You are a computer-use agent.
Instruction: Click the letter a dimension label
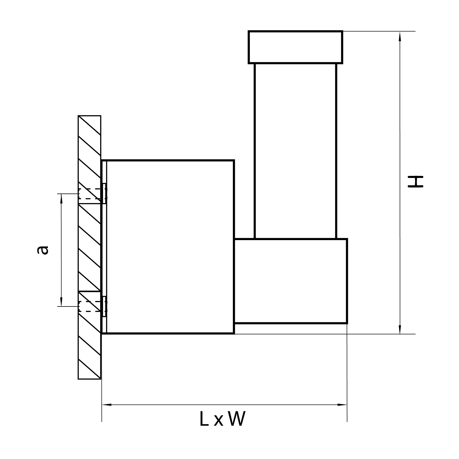tap(43, 250)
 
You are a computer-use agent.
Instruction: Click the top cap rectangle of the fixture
tap(296, 47)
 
